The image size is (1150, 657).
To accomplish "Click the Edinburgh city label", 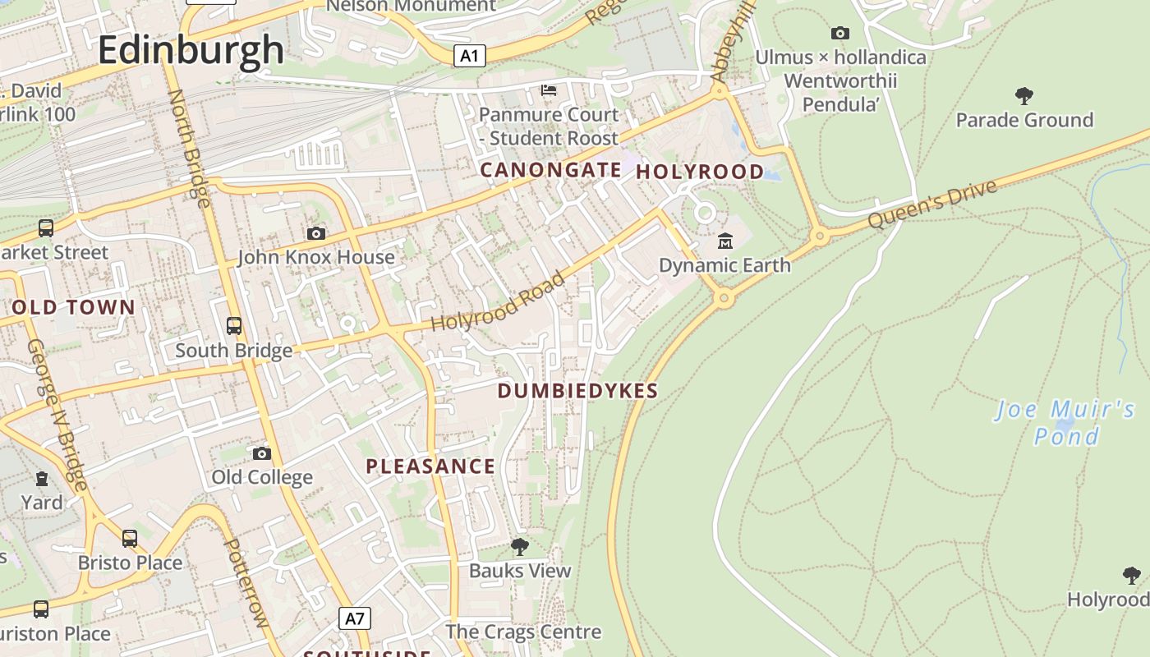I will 191,50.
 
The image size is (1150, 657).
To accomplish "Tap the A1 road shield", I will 469,56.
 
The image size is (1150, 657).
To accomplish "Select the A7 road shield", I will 355,618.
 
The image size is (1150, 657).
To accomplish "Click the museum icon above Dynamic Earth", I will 725,241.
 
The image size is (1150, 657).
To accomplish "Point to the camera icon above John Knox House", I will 316,234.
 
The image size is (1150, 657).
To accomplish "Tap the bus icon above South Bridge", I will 234,326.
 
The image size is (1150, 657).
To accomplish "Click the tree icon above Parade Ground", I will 1023,96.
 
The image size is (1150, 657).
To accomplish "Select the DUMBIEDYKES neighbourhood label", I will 577,391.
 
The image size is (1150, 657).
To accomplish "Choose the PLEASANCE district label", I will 430,466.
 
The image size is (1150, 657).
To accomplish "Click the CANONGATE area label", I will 550,170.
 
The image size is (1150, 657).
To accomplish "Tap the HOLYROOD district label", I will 700,172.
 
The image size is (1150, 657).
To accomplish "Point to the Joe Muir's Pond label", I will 1065,422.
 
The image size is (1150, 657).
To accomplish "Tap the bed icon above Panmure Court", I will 549,90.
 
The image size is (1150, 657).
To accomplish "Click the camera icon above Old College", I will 262,453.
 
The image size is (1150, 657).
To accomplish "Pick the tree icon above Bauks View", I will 519,546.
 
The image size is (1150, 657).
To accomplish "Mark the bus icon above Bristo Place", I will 130,539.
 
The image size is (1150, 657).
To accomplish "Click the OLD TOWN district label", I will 74,308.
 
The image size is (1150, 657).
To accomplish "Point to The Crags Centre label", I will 523,632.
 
